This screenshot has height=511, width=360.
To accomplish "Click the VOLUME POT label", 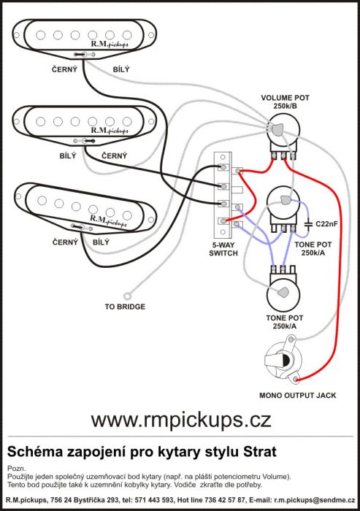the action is point(285,98).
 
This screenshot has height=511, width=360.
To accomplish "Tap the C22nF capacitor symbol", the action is point(308,224).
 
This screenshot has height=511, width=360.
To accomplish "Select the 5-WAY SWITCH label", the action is point(223,249).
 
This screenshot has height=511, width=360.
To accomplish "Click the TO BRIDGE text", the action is point(125,307).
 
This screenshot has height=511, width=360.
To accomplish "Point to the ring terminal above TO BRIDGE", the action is point(127,296).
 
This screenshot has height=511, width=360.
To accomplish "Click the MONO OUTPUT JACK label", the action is point(297,396).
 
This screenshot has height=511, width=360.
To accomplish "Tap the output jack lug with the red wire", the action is point(296,379).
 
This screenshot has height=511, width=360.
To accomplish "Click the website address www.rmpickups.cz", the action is point(181,420).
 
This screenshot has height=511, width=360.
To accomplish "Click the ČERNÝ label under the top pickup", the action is point(64,69).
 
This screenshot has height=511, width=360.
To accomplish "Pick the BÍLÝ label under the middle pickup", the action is point(68,155).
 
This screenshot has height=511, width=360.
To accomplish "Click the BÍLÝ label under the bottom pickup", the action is point(101,242).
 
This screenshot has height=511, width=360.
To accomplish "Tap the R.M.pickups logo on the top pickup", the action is point(110,44).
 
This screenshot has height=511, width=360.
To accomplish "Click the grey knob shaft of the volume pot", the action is point(277,129).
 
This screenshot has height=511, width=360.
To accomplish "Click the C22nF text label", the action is point(326,224).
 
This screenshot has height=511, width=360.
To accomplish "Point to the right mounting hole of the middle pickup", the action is point(151,122).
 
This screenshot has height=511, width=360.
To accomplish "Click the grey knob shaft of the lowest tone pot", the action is point(283,292).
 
